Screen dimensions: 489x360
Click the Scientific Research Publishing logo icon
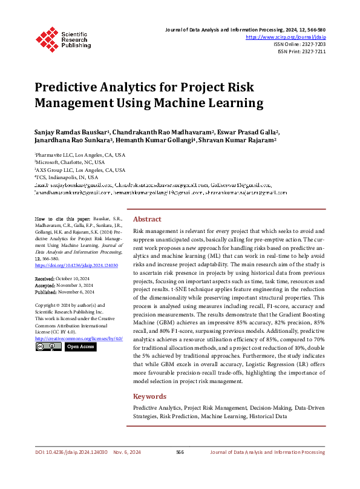pos(47,38)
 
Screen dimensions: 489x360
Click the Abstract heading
pos(147,219)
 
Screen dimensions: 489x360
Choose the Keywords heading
pos(149,396)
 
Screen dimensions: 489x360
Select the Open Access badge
pos(80,347)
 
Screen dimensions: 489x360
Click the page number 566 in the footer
pos(180,468)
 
